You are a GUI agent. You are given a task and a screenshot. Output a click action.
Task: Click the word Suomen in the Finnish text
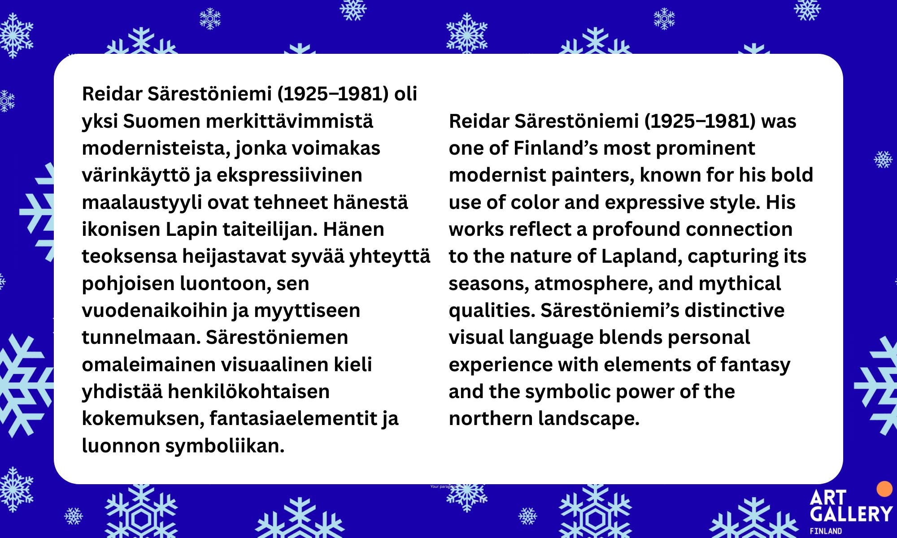[x=161, y=121]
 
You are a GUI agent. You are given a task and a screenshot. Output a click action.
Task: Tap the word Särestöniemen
[x=277, y=337]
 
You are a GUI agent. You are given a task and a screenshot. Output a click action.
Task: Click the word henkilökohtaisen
[x=248, y=392]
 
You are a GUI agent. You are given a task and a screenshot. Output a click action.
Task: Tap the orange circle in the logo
[x=884, y=489]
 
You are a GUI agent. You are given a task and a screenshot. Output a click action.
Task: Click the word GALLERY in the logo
[x=851, y=514]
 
